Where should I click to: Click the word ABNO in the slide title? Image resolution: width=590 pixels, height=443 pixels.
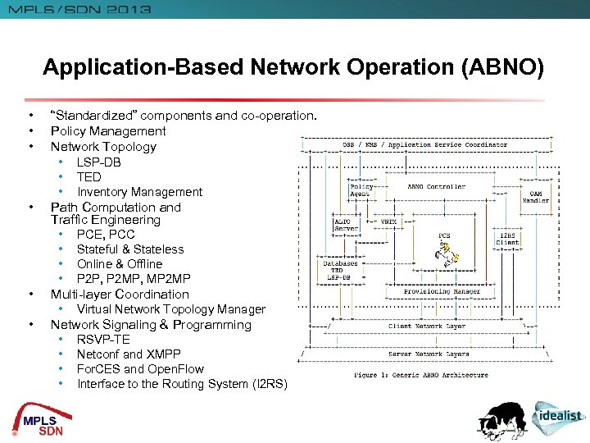coord(506,67)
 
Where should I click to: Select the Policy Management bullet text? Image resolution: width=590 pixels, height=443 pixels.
coord(108,131)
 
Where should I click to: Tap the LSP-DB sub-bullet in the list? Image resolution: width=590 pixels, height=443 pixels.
coord(99,162)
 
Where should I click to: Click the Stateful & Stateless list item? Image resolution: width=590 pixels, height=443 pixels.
coord(130,249)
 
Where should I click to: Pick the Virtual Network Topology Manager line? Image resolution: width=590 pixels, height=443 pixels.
coord(170,309)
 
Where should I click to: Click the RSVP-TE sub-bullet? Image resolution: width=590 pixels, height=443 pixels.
coord(103,340)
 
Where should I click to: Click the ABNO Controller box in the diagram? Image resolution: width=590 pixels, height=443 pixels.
coord(436,187)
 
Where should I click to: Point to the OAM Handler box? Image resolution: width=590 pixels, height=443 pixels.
coord(536,196)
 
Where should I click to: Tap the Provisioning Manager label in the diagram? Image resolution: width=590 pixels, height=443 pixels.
coord(442,292)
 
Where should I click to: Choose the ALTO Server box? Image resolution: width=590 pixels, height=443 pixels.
coord(342,225)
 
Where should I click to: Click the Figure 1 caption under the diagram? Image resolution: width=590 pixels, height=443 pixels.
coord(420,375)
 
